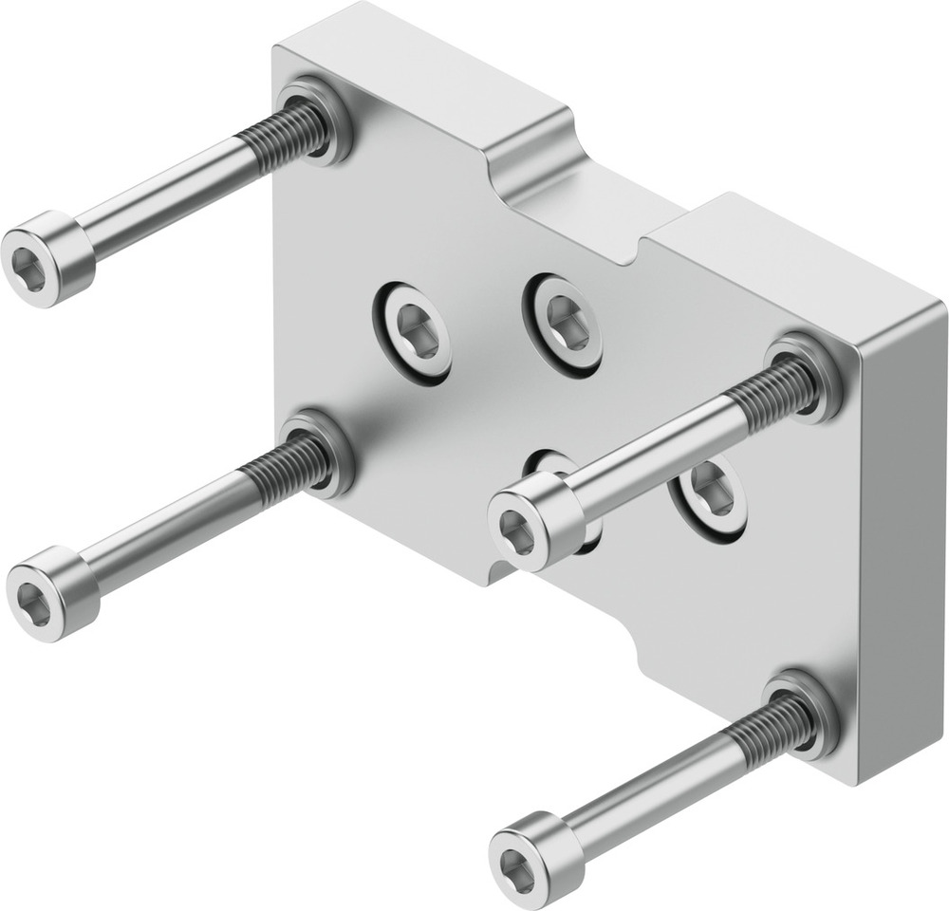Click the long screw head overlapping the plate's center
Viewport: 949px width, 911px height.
[533, 522]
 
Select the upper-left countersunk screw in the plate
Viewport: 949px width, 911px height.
[412, 333]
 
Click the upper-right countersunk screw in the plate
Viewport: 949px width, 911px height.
[564, 324]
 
